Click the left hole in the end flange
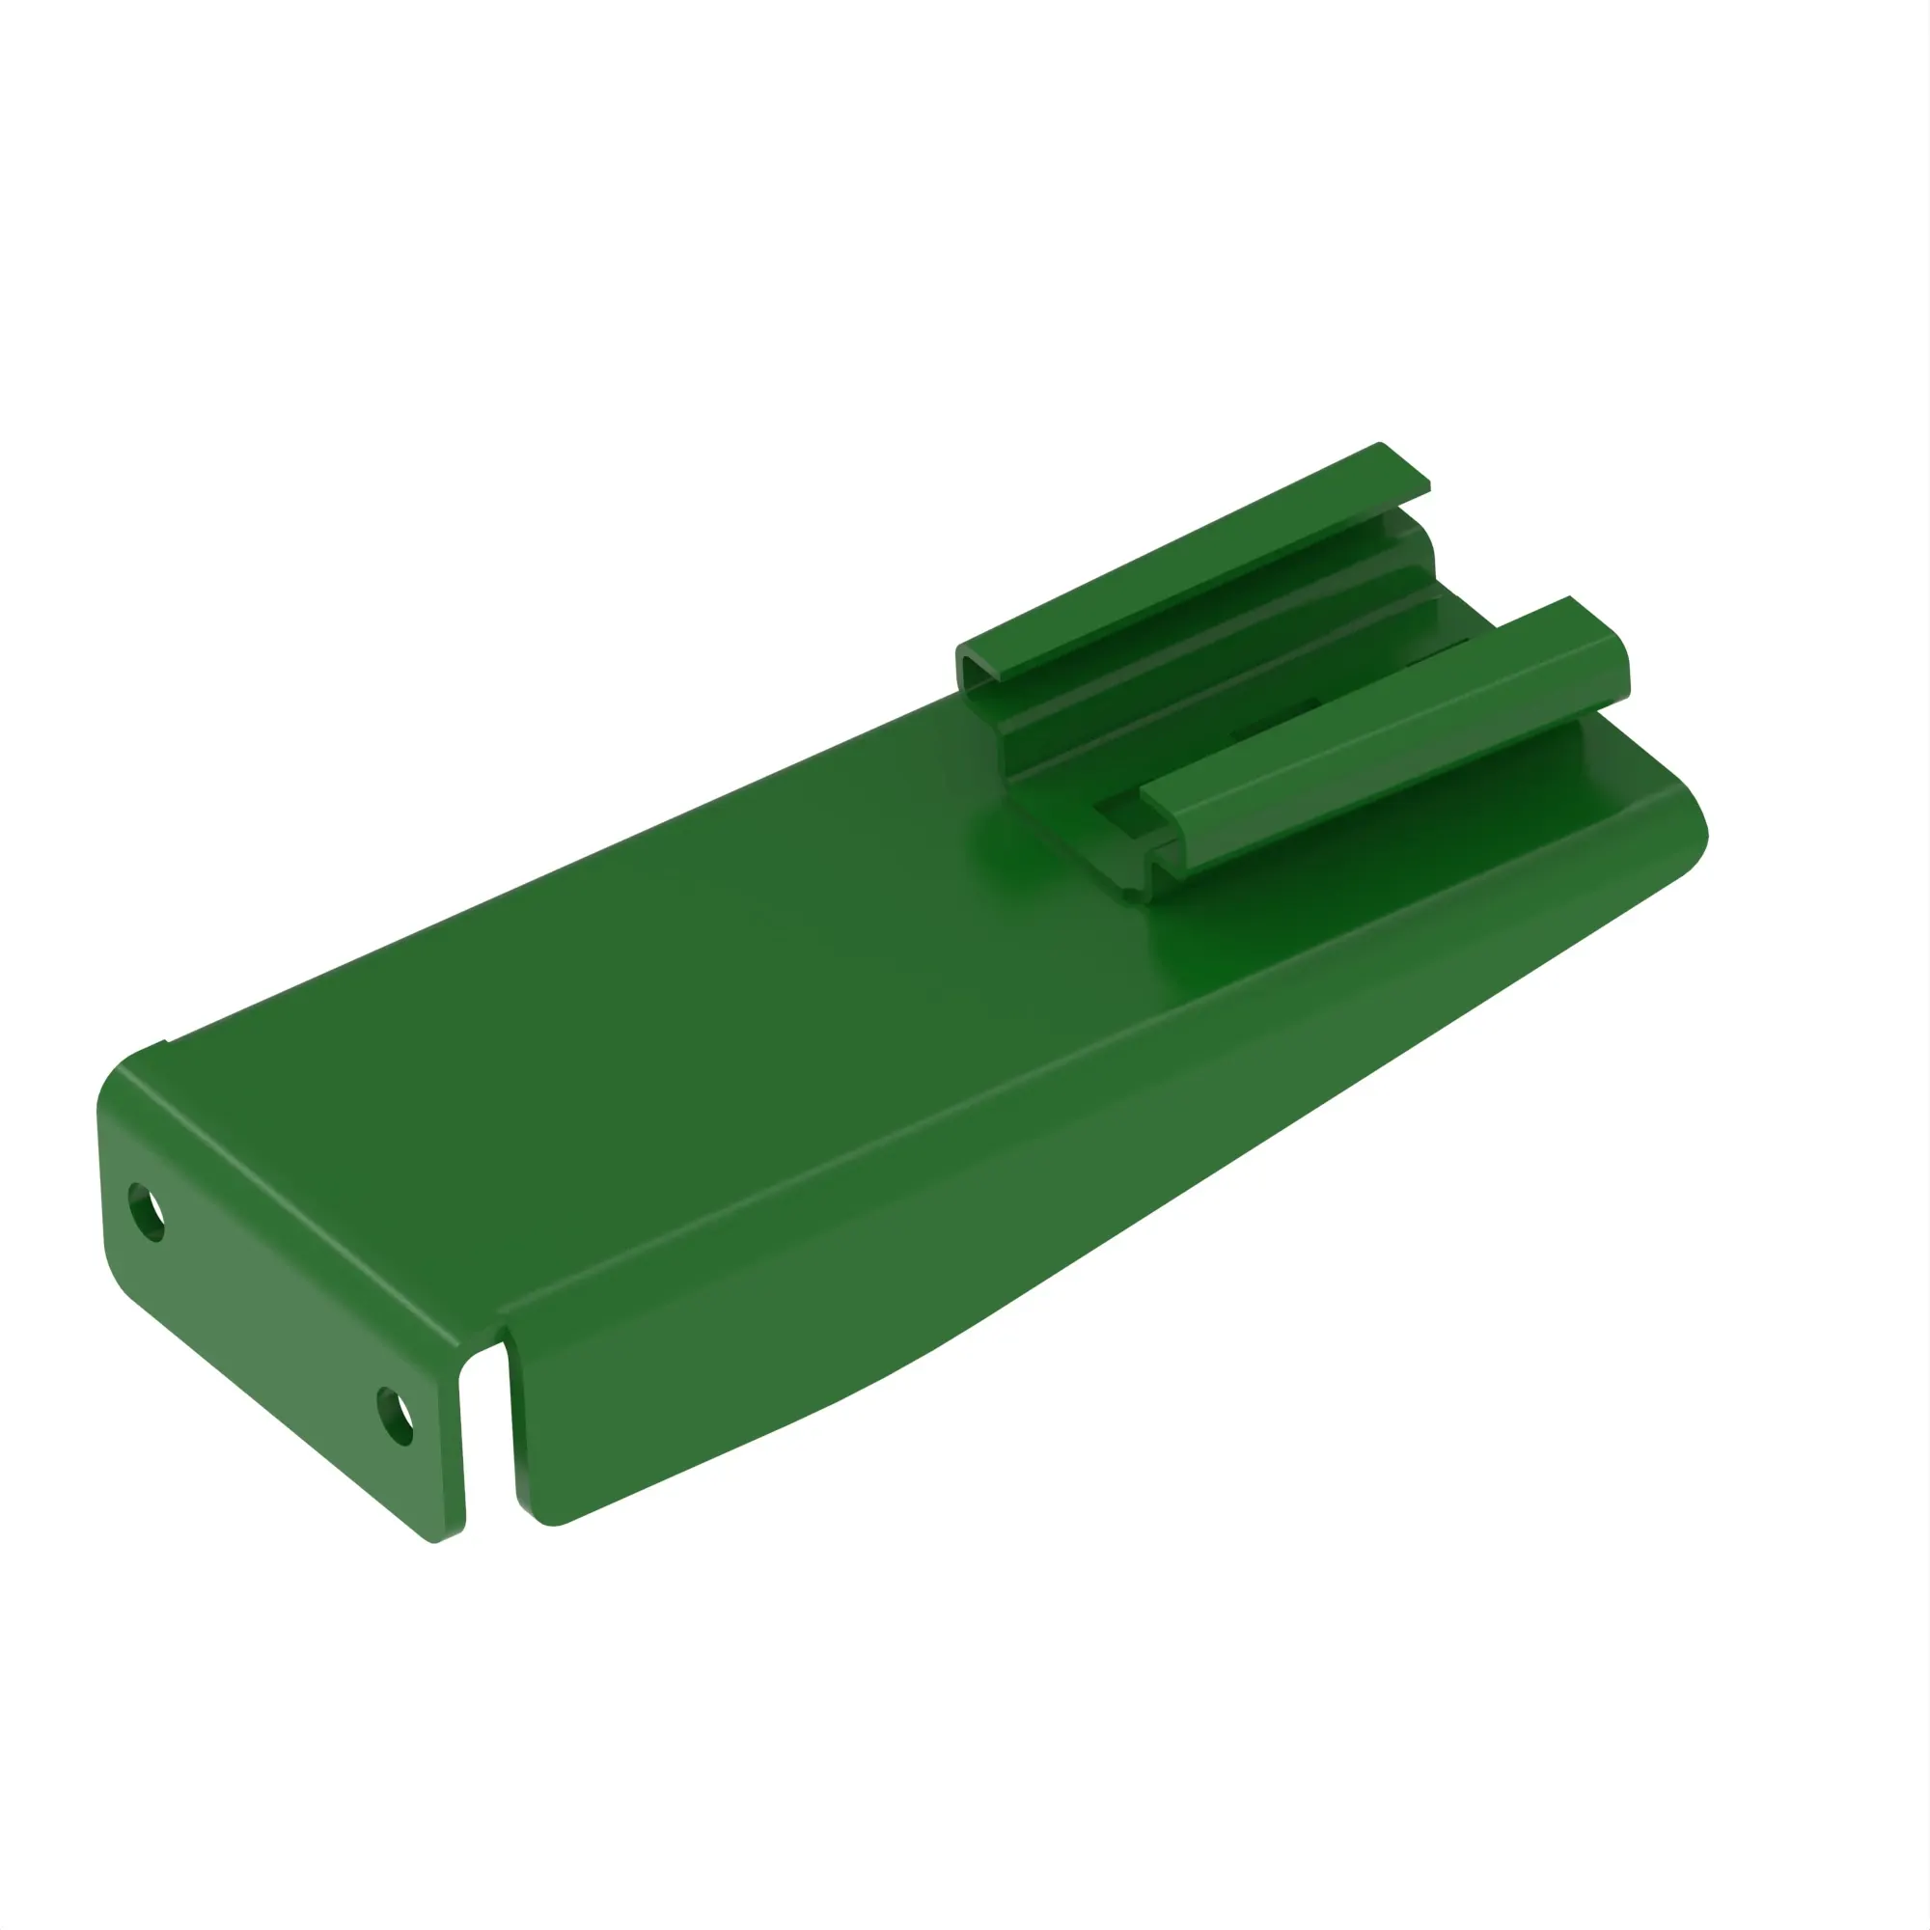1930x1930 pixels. pyautogui.click(x=147, y=1213)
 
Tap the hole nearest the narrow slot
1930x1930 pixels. pyautogui.click(x=396, y=1416)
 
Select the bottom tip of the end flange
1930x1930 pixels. pyautogui.click(x=435, y=1539)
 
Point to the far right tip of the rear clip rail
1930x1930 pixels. pyautogui.click(x=1426, y=485)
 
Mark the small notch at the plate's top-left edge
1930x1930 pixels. pyautogui.click(x=166, y=1044)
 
